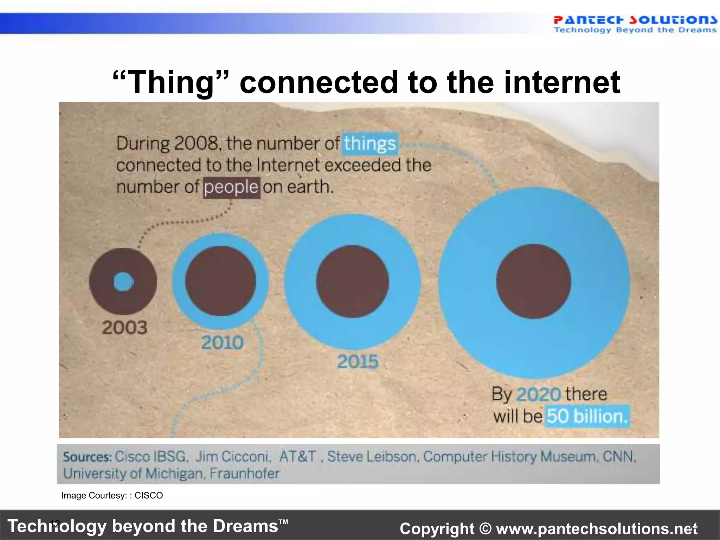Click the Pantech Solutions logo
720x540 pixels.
click(635, 24)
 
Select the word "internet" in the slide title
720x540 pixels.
click(562, 82)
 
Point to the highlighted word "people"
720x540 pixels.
click(231, 187)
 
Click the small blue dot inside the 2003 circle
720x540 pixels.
click(123, 282)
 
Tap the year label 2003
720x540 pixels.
click(124, 328)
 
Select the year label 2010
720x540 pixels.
click(222, 342)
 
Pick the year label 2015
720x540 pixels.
click(358, 362)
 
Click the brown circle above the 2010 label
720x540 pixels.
click(220, 281)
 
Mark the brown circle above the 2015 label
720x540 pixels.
click(352, 281)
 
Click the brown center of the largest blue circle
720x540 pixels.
click(533, 282)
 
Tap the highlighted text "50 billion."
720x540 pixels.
click(587, 417)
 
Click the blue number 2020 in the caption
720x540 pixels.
click(539, 394)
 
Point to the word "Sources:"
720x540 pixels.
click(87, 457)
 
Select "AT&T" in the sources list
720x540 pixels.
click(297, 457)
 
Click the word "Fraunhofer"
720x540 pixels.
click(244, 474)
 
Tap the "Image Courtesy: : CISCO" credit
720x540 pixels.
click(112, 495)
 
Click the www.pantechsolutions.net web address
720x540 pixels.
click(597, 529)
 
